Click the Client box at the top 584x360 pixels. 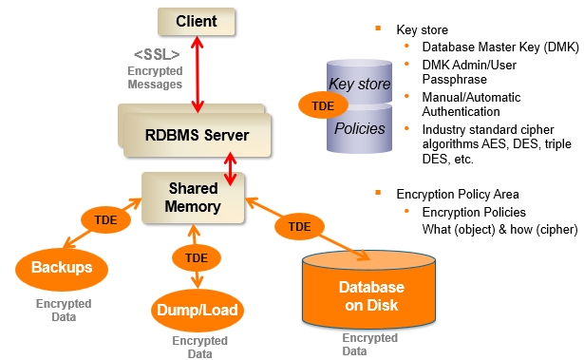click(x=196, y=20)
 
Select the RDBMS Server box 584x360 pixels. click(x=198, y=136)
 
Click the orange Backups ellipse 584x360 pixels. click(x=61, y=267)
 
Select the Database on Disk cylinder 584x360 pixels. click(x=371, y=294)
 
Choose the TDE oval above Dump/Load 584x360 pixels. click(x=197, y=257)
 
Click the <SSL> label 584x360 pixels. click(x=156, y=54)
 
